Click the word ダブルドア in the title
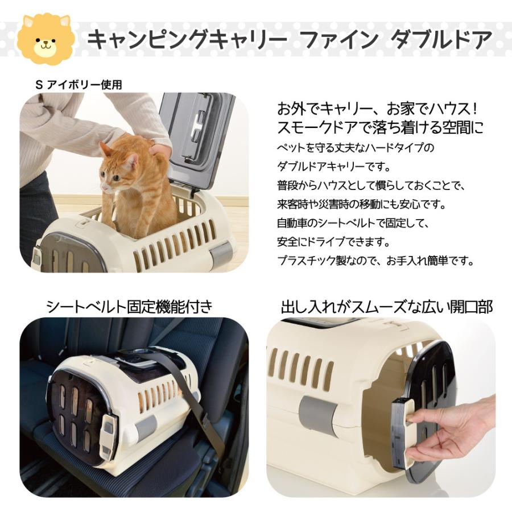[x=440, y=40]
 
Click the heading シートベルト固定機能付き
[x=129, y=307]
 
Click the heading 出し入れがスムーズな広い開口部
[x=387, y=307]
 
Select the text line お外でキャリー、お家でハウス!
[x=372, y=108]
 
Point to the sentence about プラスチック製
[x=375, y=261]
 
